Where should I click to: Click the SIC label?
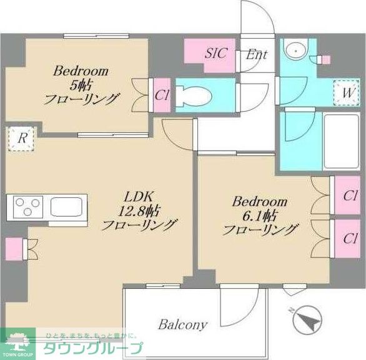pyautogui.click(x=217, y=52)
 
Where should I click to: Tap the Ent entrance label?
pyautogui.click(x=256, y=54)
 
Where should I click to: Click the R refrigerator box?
pyautogui.click(x=22, y=139)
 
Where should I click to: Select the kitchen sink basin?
pyautogui.click(x=65, y=206)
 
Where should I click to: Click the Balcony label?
pyautogui.click(x=182, y=325)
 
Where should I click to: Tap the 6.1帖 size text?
pyautogui.click(x=260, y=216)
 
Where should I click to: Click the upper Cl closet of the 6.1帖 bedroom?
pyautogui.click(x=350, y=195)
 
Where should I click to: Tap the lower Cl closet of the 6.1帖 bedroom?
pyautogui.click(x=350, y=238)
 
